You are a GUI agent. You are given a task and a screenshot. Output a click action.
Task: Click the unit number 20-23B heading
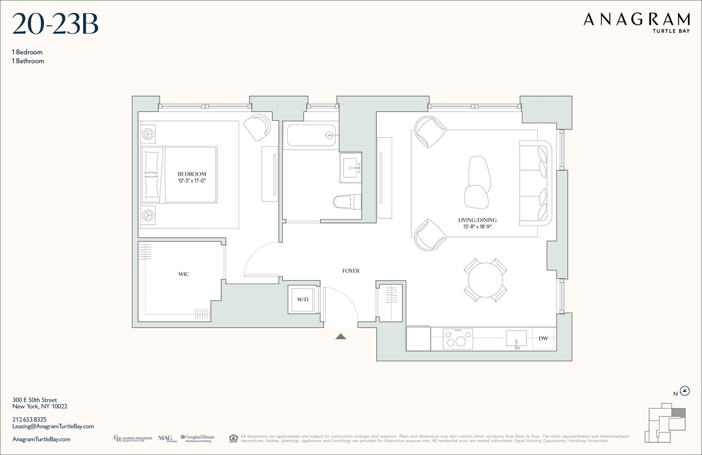55,25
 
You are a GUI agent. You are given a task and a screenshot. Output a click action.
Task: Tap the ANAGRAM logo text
636,20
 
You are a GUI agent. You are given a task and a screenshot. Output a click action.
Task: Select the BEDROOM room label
192,174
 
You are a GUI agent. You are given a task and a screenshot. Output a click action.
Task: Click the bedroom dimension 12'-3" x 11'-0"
192,181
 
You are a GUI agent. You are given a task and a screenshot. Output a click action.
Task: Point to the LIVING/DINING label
477,220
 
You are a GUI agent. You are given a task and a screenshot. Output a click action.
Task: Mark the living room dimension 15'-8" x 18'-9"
477,227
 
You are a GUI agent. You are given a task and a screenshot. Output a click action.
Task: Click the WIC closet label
183,274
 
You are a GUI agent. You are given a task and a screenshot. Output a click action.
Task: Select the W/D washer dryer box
303,299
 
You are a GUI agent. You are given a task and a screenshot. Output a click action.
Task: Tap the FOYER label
351,271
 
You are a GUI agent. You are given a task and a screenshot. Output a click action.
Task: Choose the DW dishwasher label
543,338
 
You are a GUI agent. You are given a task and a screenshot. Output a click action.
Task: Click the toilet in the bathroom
347,202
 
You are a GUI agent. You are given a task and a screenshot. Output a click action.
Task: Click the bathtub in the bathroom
311,135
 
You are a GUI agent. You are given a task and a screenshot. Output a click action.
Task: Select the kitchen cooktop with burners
458,338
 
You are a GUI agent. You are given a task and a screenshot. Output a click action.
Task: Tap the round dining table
485,280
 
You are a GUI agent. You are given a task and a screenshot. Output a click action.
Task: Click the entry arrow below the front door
341,336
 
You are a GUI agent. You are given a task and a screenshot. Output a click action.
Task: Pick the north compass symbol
685,391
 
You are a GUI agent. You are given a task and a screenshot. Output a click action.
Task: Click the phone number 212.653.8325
29,419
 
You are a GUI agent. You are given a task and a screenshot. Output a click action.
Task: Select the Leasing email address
53,426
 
